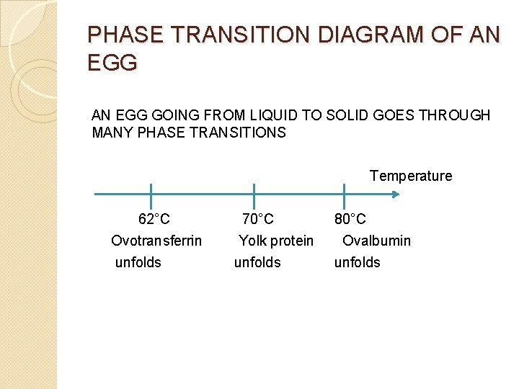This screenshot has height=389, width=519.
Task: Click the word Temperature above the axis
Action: pos(411,176)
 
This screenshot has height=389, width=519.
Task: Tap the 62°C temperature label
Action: pos(154,219)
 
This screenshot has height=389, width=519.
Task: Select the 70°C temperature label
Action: pos(257,219)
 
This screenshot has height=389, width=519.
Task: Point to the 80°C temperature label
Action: pos(350,219)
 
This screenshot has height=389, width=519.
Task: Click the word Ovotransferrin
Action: pos(156,241)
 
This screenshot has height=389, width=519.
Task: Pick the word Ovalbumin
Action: pos(376,241)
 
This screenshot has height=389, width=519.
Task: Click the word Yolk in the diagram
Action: pos(252,241)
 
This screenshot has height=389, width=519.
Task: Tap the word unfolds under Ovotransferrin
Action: pos(138,262)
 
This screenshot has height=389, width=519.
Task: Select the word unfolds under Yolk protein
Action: pos(257,262)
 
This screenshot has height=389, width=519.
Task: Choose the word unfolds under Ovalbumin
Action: pos(357,262)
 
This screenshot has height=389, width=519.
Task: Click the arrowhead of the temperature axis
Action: pos(395,194)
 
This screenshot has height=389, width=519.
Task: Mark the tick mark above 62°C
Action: pos(151,194)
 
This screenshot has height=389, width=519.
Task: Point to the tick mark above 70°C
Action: pos(254,194)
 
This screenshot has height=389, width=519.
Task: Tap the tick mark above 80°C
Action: pos(344,194)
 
